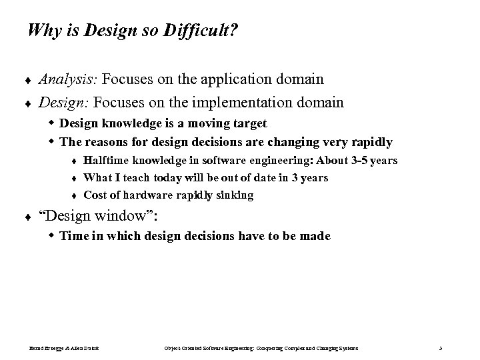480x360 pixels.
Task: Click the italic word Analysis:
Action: coord(68,80)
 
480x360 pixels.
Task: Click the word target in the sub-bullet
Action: coord(248,123)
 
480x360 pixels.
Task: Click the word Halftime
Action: coord(107,161)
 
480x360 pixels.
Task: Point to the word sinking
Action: coord(233,195)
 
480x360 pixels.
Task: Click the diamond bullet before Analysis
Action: coord(27,81)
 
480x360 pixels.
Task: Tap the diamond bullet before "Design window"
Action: coord(27,218)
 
